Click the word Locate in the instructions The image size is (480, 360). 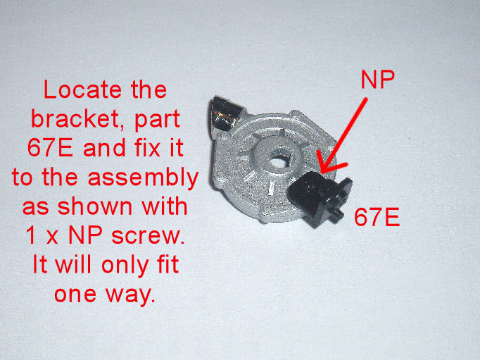[82, 89]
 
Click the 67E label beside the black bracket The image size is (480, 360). [377, 217]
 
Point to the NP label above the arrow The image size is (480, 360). [377, 80]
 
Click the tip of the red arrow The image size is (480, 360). [320, 172]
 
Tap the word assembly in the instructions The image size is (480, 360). [144, 179]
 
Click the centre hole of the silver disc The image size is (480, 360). [278, 162]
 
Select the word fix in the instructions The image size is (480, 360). [146, 148]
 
